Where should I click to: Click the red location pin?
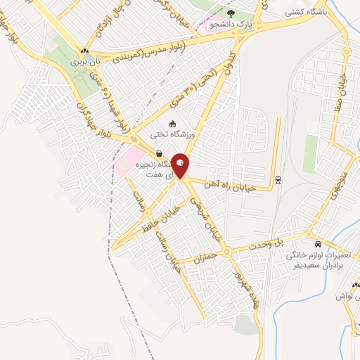[181, 165]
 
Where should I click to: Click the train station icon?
[278, 179]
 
